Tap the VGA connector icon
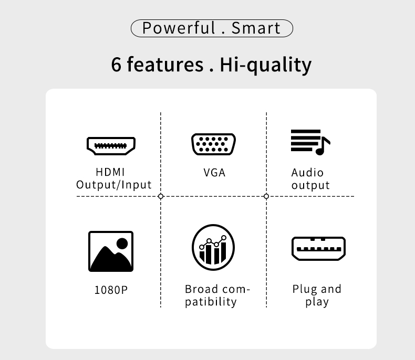(x=214, y=144)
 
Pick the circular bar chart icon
(x=213, y=247)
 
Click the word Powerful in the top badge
(x=179, y=28)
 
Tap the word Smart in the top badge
(x=256, y=28)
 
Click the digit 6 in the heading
(x=116, y=65)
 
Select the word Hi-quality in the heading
(x=266, y=65)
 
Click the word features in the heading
(x=165, y=64)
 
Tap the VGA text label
(x=214, y=173)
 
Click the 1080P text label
(x=111, y=290)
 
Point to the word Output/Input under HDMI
(x=114, y=185)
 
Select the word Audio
(x=307, y=173)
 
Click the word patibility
(x=211, y=302)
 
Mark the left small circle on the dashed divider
(x=160, y=196)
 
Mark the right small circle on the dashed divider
(x=266, y=196)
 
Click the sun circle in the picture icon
(x=122, y=243)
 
